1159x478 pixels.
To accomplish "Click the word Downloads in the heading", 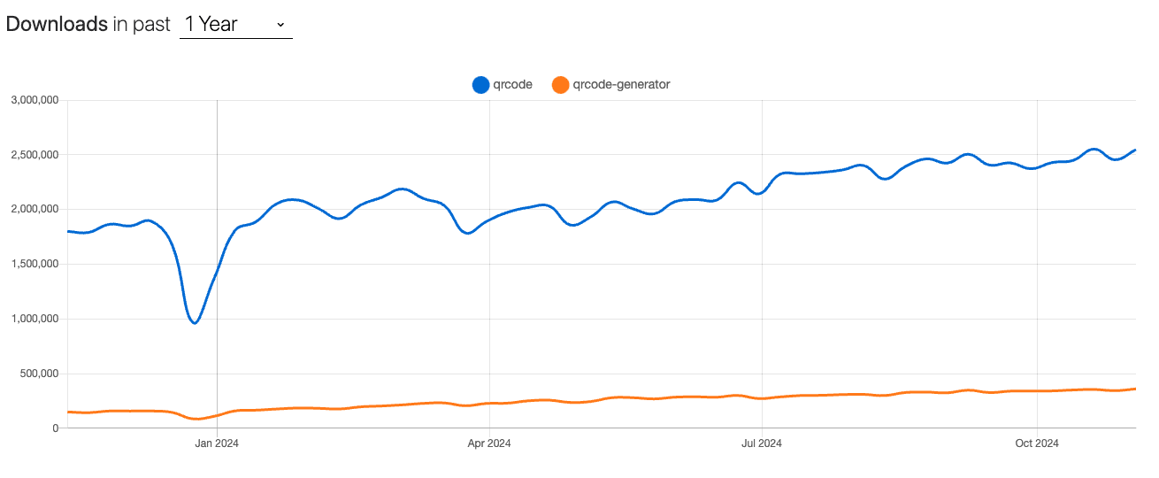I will pyautogui.click(x=57, y=24).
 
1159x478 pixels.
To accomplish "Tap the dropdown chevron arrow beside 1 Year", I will pyautogui.click(x=280, y=24).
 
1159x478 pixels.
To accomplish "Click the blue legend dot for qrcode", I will pyautogui.click(x=481, y=85).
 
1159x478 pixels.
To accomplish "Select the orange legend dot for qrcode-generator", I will pyautogui.click(x=560, y=85).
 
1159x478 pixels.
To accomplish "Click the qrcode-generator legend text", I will pyautogui.click(x=621, y=85).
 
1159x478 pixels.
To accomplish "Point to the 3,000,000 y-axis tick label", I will pyautogui.click(x=34, y=100).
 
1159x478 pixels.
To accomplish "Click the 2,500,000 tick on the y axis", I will pyautogui.click(x=34, y=155).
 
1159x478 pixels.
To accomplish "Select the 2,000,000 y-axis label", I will pyautogui.click(x=34, y=210).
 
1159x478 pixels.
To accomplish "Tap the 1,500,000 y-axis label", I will pyautogui.click(x=34, y=264).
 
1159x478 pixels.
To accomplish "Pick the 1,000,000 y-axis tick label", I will pyautogui.click(x=34, y=319).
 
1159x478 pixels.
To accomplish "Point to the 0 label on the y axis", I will pyautogui.click(x=55, y=428).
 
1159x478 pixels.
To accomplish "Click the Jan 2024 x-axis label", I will pyautogui.click(x=217, y=443).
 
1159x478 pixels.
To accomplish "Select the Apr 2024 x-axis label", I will pyautogui.click(x=489, y=443).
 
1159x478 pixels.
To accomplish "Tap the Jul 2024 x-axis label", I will pyautogui.click(x=761, y=443).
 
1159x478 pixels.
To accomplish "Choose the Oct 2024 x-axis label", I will pyautogui.click(x=1036, y=443).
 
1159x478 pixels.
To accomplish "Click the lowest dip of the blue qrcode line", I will pyautogui.click(x=195, y=322).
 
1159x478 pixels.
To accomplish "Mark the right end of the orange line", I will pyautogui.click(x=1135, y=389).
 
